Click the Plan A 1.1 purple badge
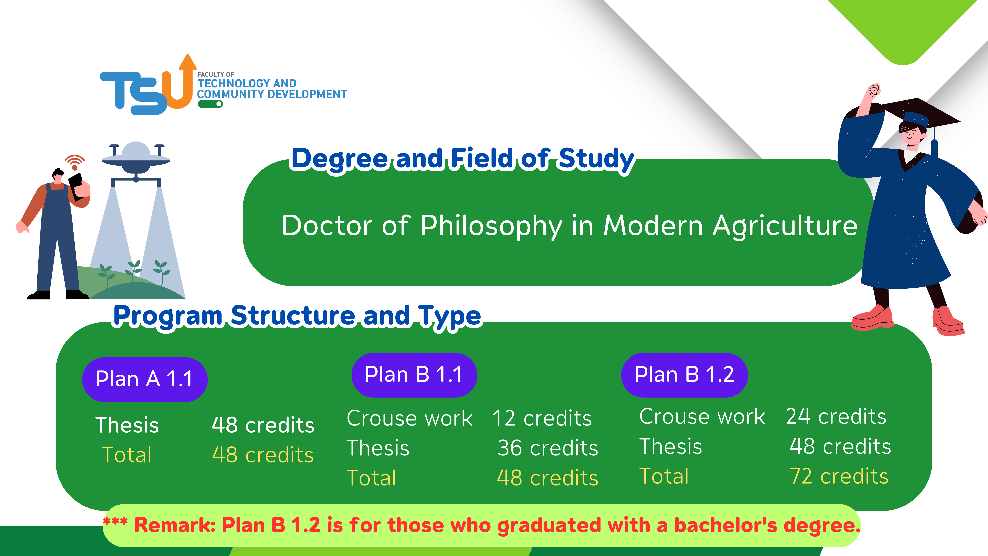[x=145, y=379]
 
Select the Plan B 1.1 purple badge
[x=414, y=374]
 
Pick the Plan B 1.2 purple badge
[x=684, y=374]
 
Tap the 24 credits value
[x=836, y=416]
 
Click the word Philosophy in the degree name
[x=491, y=226]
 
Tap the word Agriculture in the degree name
[x=785, y=226]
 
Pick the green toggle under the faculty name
[x=210, y=104]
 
